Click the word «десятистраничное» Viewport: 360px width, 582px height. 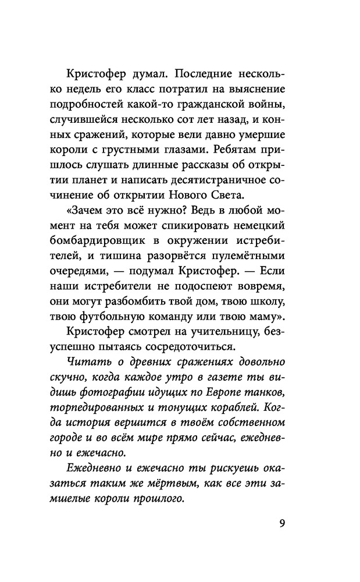tap(224, 179)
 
